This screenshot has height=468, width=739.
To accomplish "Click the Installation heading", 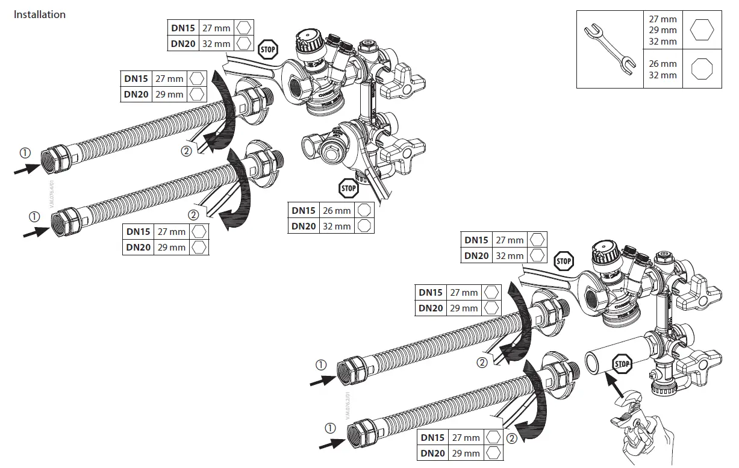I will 40,14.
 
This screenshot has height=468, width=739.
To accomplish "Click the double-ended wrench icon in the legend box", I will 610,49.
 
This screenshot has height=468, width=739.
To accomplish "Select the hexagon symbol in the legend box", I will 701,30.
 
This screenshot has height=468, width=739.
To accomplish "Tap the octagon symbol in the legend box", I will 701,69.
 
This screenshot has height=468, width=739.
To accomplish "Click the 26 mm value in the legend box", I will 663,64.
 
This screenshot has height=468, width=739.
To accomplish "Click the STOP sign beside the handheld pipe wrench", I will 622,364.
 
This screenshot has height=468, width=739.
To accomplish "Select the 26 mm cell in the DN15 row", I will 336,210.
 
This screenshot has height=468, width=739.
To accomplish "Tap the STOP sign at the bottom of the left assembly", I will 348,188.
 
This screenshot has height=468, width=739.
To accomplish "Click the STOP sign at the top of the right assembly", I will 564,261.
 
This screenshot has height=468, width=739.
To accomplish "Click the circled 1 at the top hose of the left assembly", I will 25,153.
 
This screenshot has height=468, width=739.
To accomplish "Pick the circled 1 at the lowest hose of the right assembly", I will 329,428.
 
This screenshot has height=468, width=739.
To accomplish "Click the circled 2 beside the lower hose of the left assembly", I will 193,214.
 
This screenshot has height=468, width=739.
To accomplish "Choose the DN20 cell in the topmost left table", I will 182,43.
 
